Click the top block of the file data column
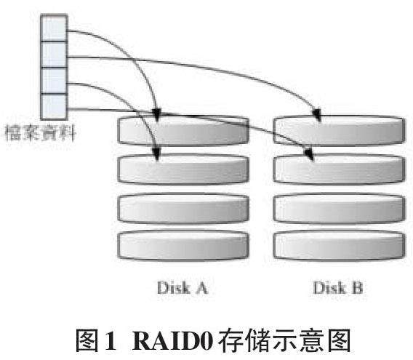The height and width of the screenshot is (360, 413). (54, 28)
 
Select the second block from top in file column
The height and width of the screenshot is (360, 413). (54, 55)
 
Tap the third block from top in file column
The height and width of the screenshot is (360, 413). (54, 81)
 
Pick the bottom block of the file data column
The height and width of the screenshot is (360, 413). (54, 106)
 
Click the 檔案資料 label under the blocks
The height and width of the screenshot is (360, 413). (40, 133)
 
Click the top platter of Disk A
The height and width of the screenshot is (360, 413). (183, 130)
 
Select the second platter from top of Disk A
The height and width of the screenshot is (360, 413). (183, 169)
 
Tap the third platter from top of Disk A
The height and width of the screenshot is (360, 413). (183, 208)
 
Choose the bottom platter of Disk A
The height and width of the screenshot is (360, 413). (183, 245)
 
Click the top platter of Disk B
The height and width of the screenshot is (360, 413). (340, 130)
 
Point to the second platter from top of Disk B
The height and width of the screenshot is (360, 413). (340, 169)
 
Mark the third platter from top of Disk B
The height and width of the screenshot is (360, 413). (340, 208)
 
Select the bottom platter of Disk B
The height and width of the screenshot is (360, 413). (340, 245)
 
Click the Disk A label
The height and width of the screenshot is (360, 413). (183, 287)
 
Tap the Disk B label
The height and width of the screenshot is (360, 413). (338, 287)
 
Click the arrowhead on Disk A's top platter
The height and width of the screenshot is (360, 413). (157, 115)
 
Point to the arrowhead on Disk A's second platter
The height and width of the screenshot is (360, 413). (157, 154)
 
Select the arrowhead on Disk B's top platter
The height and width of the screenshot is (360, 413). (317, 115)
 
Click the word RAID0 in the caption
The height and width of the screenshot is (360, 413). (173, 340)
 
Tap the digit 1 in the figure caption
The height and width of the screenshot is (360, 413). (111, 340)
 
